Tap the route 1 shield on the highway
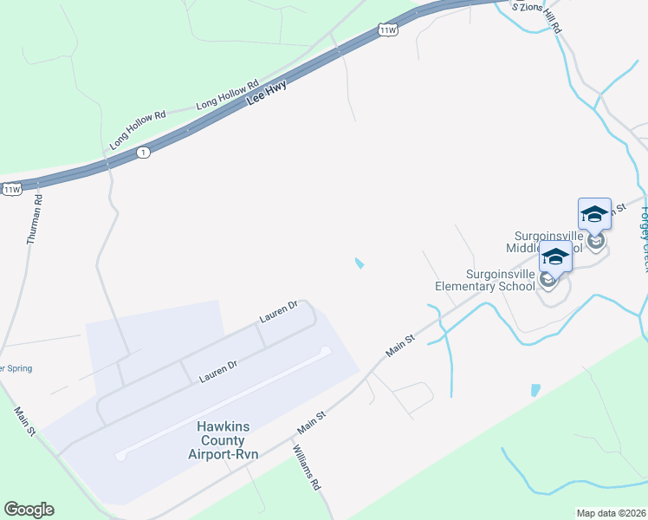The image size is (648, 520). pos(144,153)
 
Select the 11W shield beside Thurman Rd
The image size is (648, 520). pos(11,189)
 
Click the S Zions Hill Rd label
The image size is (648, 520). pos(537,16)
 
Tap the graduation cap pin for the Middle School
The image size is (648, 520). pos(594,213)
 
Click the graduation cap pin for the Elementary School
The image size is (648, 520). pos(555,257)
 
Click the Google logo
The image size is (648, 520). pos(29,510)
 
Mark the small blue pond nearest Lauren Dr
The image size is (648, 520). pos(359,263)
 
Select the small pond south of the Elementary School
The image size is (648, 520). pos(535,390)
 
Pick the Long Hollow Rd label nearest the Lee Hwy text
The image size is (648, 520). pos(227,94)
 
